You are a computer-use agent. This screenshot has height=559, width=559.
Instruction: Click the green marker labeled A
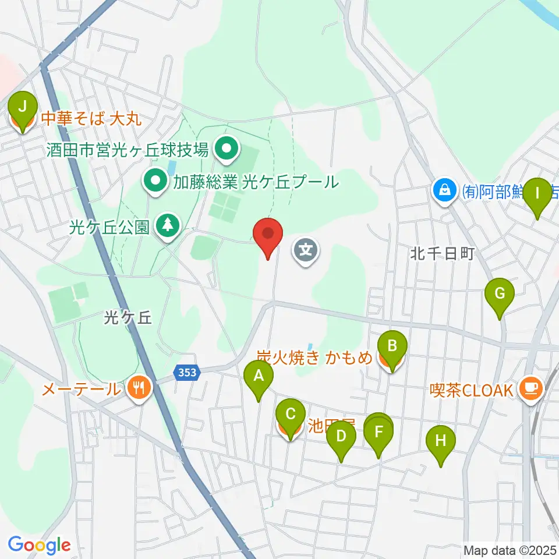[259, 380]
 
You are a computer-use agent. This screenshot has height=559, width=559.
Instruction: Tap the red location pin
[268, 235]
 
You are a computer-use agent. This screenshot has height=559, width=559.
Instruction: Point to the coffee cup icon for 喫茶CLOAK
[530, 387]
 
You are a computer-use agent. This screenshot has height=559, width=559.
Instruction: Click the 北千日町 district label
[443, 253]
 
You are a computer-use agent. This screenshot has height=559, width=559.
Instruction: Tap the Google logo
[40, 545]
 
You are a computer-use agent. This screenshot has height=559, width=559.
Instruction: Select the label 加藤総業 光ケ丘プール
[255, 182]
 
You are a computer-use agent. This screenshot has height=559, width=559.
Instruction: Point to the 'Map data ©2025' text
[509, 550]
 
